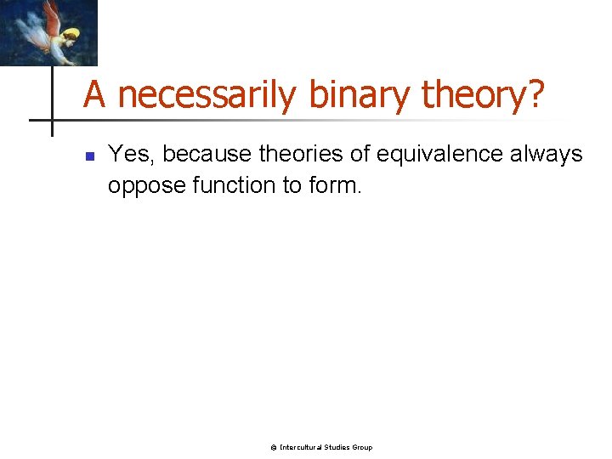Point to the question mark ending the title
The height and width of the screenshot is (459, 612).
536,95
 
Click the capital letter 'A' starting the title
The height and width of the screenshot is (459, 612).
94,95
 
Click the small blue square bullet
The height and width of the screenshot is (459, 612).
88,156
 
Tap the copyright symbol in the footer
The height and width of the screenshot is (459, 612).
274,447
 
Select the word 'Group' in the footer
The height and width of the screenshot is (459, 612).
362,447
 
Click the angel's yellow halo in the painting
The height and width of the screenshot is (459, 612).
71,35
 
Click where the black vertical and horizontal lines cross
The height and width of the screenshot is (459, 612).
52,120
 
